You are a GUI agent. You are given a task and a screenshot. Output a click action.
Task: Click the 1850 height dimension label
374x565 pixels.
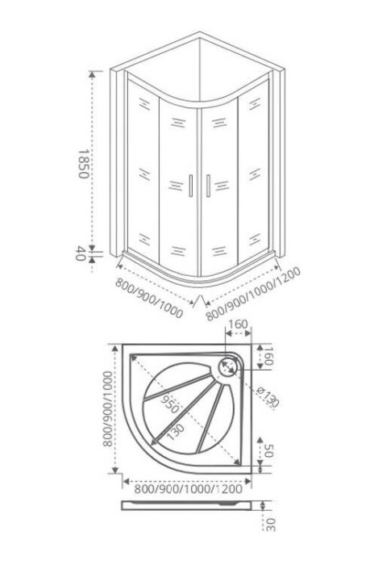pyautogui.click(x=83, y=164)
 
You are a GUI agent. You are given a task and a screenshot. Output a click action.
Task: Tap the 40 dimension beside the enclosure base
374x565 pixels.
pyautogui.click(x=80, y=253)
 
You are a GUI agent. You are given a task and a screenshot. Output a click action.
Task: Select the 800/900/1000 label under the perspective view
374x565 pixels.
pyautogui.click(x=149, y=298)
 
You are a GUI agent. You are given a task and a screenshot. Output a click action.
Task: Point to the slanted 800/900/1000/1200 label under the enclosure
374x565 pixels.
pyautogui.click(x=253, y=294)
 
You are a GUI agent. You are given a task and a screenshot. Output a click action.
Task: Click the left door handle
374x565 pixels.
pyautogui.click(x=191, y=186)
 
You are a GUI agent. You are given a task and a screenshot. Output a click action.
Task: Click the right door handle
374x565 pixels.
pyautogui.click(x=208, y=186)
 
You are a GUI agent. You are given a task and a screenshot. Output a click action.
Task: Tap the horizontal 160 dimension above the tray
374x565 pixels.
pyautogui.click(x=238, y=324)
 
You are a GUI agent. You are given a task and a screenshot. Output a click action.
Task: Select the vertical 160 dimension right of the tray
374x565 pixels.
pyautogui.click(x=268, y=356)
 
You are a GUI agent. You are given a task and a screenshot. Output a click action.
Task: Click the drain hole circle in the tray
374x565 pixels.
pyautogui.click(x=227, y=366)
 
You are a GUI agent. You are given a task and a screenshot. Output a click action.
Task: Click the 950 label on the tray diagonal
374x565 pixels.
pyautogui.click(x=169, y=404)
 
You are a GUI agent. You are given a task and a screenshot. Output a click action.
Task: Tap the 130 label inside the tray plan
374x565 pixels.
pyautogui.click(x=176, y=431)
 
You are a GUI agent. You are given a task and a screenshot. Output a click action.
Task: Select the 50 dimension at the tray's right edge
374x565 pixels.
pyautogui.click(x=269, y=450)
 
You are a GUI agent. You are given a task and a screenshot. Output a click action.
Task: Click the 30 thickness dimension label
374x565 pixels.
pyautogui.click(x=271, y=525)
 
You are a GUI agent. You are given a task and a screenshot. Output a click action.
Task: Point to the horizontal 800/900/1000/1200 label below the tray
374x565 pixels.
pyautogui.click(x=188, y=489)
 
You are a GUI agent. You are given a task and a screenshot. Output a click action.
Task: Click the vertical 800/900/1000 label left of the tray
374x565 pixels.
pyautogui.click(x=107, y=409)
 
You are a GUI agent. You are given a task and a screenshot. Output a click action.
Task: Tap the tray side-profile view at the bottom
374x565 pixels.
pyautogui.click(x=186, y=505)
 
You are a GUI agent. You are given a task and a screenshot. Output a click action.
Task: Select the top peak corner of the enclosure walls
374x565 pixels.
pyautogui.click(x=199, y=32)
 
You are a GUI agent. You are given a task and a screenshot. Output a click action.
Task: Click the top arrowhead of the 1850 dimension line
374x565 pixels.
pyautogui.click(x=93, y=74)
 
